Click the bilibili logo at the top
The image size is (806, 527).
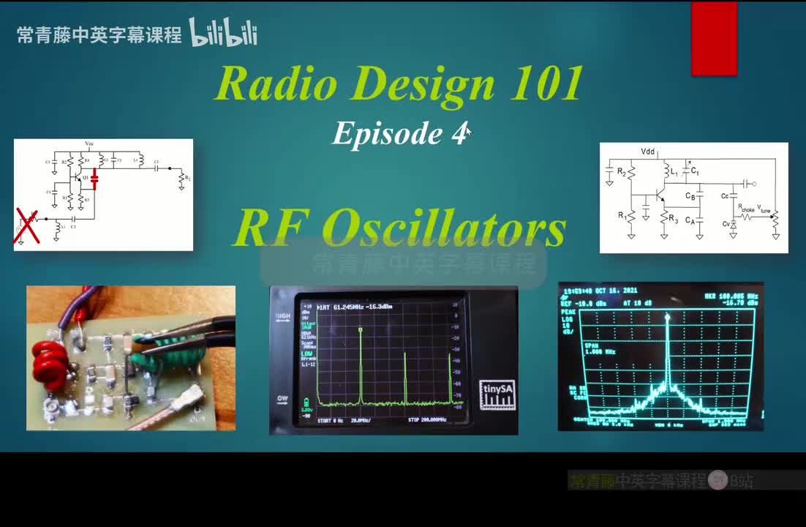coord(223,33)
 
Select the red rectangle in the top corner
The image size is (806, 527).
coord(713,38)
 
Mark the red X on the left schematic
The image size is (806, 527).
coord(27,225)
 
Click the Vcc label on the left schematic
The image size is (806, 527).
coord(89,143)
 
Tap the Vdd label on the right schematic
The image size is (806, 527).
coord(648,152)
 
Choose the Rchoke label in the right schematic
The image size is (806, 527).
coord(745,208)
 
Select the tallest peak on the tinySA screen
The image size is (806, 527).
coord(361,331)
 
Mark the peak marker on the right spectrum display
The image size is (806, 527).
coord(667,316)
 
